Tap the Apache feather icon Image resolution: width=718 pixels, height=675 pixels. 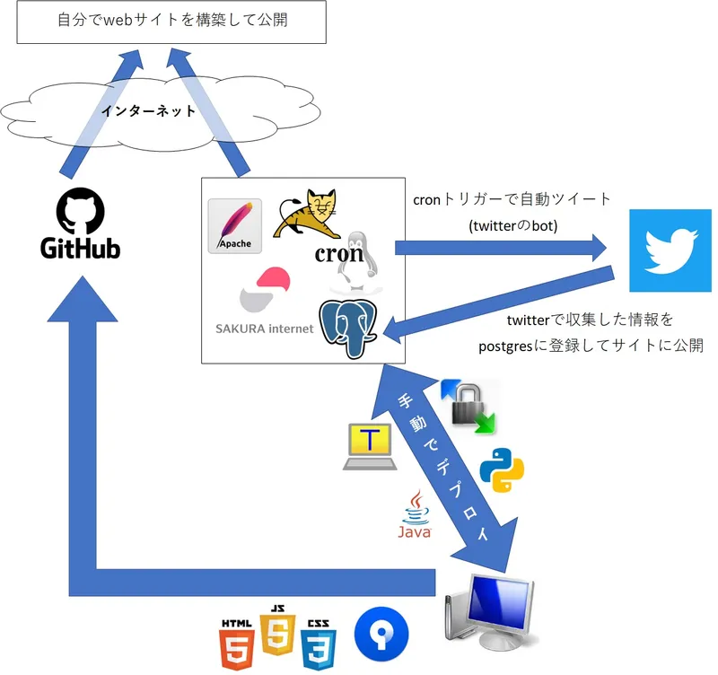point(234,225)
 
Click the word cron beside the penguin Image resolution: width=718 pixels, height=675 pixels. point(338,253)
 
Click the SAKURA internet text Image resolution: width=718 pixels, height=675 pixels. point(265,329)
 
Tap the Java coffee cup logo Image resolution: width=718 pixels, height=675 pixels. point(415,516)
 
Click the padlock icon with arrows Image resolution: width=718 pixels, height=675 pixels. point(468,407)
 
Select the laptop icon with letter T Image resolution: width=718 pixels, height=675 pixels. point(369,446)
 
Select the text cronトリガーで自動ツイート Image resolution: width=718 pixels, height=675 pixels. point(512,199)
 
